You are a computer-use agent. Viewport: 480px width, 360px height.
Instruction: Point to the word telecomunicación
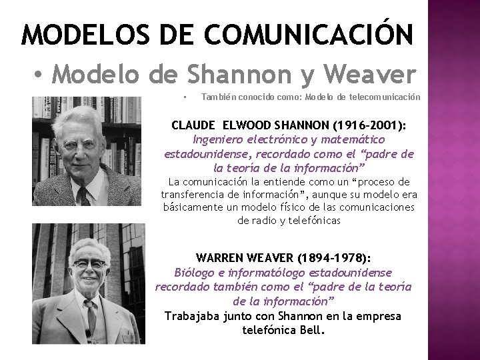pyautogui.click(x=388, y=97)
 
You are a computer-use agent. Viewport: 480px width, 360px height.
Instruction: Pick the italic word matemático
pyautogui.click(x=353, y=139)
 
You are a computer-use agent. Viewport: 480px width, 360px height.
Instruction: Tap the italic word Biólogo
pyautogui.click(x=196, y=273)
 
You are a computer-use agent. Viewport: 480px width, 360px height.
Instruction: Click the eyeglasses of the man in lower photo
pyautogui.click(x=91, y=267)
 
